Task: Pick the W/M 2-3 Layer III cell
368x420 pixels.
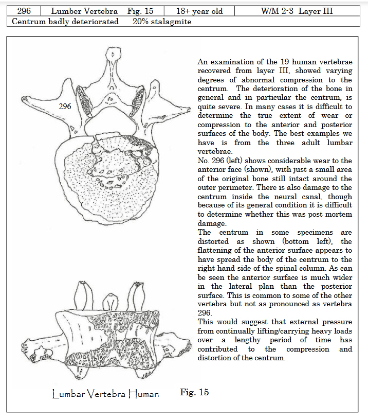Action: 300,11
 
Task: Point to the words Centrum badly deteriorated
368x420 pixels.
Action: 65,22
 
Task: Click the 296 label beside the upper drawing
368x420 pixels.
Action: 65,107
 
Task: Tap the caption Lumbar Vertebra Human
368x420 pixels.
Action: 105,394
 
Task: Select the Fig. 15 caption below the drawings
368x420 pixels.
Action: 194,392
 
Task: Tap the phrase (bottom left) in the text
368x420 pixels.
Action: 307,241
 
